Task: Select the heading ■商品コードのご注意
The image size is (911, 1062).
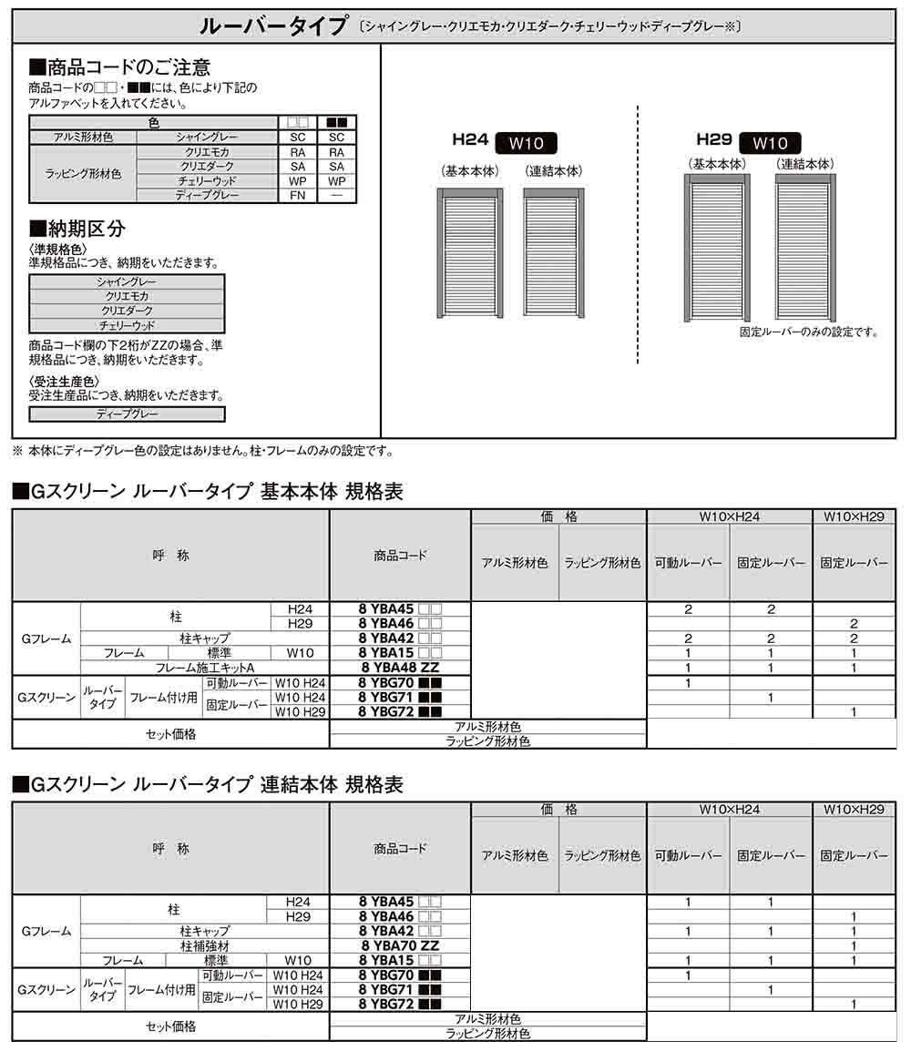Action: (x=120, y=67)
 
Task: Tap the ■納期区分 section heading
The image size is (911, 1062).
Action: (x=77, y=228)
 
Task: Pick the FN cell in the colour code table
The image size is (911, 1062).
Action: (x=298, y=195)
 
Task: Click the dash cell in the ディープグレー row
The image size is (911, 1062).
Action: (x=336, y=195)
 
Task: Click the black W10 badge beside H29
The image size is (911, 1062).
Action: (x=771, y=143)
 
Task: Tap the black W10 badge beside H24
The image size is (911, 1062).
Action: (x=527, y=143)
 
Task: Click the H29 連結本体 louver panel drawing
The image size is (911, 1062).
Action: (x=805, y=246)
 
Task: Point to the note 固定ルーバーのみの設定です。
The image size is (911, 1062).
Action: (x=809, y=332)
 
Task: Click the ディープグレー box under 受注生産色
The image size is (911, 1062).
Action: (x=127, y=414)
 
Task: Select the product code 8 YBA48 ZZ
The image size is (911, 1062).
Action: (x=399, y=668)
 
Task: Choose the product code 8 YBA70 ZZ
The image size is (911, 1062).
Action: (x=399, y=945)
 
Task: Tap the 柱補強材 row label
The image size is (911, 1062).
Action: (x=205, y=945)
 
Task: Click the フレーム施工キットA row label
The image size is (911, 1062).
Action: (x=205, y=668)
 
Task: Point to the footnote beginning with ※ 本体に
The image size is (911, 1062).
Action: (x=202, y=450)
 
